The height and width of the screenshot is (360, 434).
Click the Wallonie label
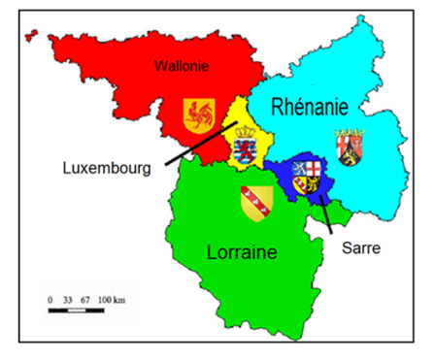point(184,66)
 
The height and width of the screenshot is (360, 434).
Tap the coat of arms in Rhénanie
point(348,147)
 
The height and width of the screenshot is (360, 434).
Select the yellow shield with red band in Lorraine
point(255,201)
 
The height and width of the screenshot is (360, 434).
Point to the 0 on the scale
point(50,301)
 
